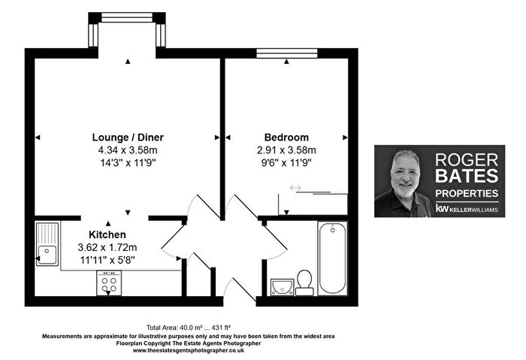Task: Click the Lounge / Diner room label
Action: tap(128, 138)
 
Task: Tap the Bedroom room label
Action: tap(286, 138)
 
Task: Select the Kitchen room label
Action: tap(107, 234)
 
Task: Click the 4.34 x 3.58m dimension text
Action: tap(128, 150)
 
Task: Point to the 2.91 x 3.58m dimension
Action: tap(286, 150)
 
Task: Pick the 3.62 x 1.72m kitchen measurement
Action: tap(107, 247)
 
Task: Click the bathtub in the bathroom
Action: tap(332, 258)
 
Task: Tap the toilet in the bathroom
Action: tap(304, 283)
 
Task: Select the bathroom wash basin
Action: tap(282, 287)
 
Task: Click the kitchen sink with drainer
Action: tap(47, 244)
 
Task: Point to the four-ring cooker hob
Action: tap(109, 283)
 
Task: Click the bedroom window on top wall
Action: tap(287, 53)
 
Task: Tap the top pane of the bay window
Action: tap(127, 17)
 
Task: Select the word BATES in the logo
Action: tap(467, 176)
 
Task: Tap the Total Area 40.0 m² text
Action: tap(189, 328)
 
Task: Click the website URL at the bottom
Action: tap(189, 351)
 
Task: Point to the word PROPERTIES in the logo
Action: tap(467, 193)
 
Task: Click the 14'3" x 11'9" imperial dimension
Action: tap(128, 163)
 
